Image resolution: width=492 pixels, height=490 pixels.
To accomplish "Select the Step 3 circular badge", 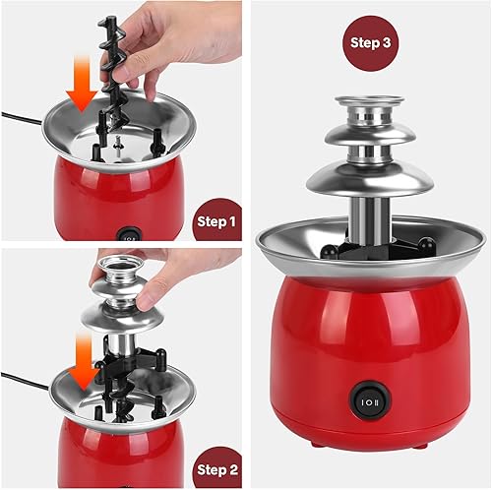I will point(370,44).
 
